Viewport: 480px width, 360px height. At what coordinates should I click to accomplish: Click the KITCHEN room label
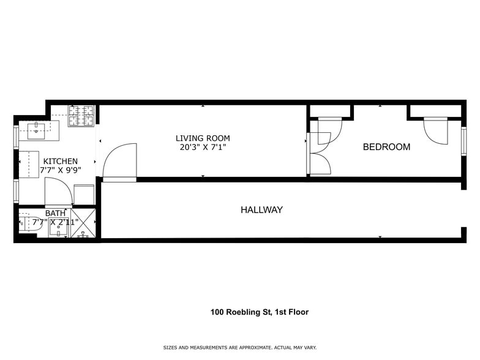point(60,161)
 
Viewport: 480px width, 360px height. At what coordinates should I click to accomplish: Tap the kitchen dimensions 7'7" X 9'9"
point(60,171)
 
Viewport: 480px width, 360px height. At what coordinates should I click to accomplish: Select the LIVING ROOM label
point(203,138)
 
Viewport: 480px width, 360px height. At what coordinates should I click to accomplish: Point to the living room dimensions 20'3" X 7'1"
point(203,148)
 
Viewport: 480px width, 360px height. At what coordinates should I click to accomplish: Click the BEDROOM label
point(386,147)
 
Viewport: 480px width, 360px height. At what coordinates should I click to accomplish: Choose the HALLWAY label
point(261,210)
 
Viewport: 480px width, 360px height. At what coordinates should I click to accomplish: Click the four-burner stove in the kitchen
point(82,116)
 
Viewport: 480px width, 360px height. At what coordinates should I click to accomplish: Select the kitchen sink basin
point(37,127)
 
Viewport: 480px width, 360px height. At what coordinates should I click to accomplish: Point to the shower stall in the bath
point(83,223)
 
